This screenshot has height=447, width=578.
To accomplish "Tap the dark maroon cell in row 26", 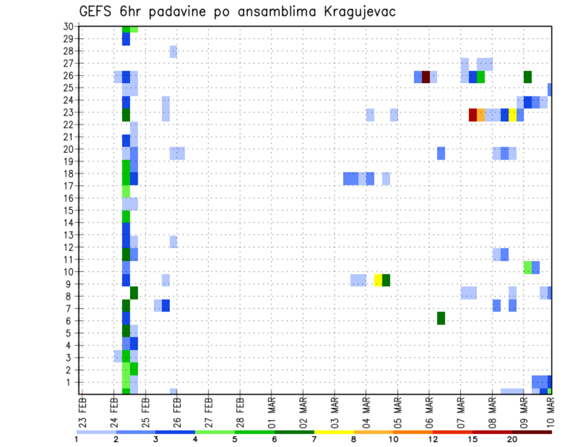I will (x=426, y=77).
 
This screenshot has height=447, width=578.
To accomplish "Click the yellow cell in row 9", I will (x=378, y=280).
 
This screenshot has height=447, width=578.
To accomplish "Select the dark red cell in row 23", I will (x=473, y=114).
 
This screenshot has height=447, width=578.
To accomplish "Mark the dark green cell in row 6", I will (x=441, y=318).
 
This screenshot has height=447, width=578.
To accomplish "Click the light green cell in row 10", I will (x=527, y=267).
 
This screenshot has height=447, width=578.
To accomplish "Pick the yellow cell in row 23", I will (x=512, y=114).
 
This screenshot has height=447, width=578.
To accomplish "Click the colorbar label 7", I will (x=314, y=439).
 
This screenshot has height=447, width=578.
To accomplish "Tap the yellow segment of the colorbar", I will (x=334, y=432).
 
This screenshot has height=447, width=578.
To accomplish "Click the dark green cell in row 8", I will (x=134, y=293).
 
